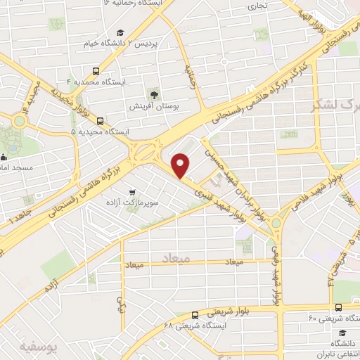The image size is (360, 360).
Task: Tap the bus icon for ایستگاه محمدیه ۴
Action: point(96,71)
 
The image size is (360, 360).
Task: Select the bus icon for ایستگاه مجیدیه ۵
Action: point(101,120)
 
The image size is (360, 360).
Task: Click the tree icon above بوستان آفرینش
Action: point(154,94)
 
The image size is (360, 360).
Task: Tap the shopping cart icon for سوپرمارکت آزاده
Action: point(131,192)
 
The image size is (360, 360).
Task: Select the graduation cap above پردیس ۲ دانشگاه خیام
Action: point(120,33)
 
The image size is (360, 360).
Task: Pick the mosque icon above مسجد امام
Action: point(4,157)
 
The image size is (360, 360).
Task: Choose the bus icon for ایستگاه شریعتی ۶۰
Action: point(339,307)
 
